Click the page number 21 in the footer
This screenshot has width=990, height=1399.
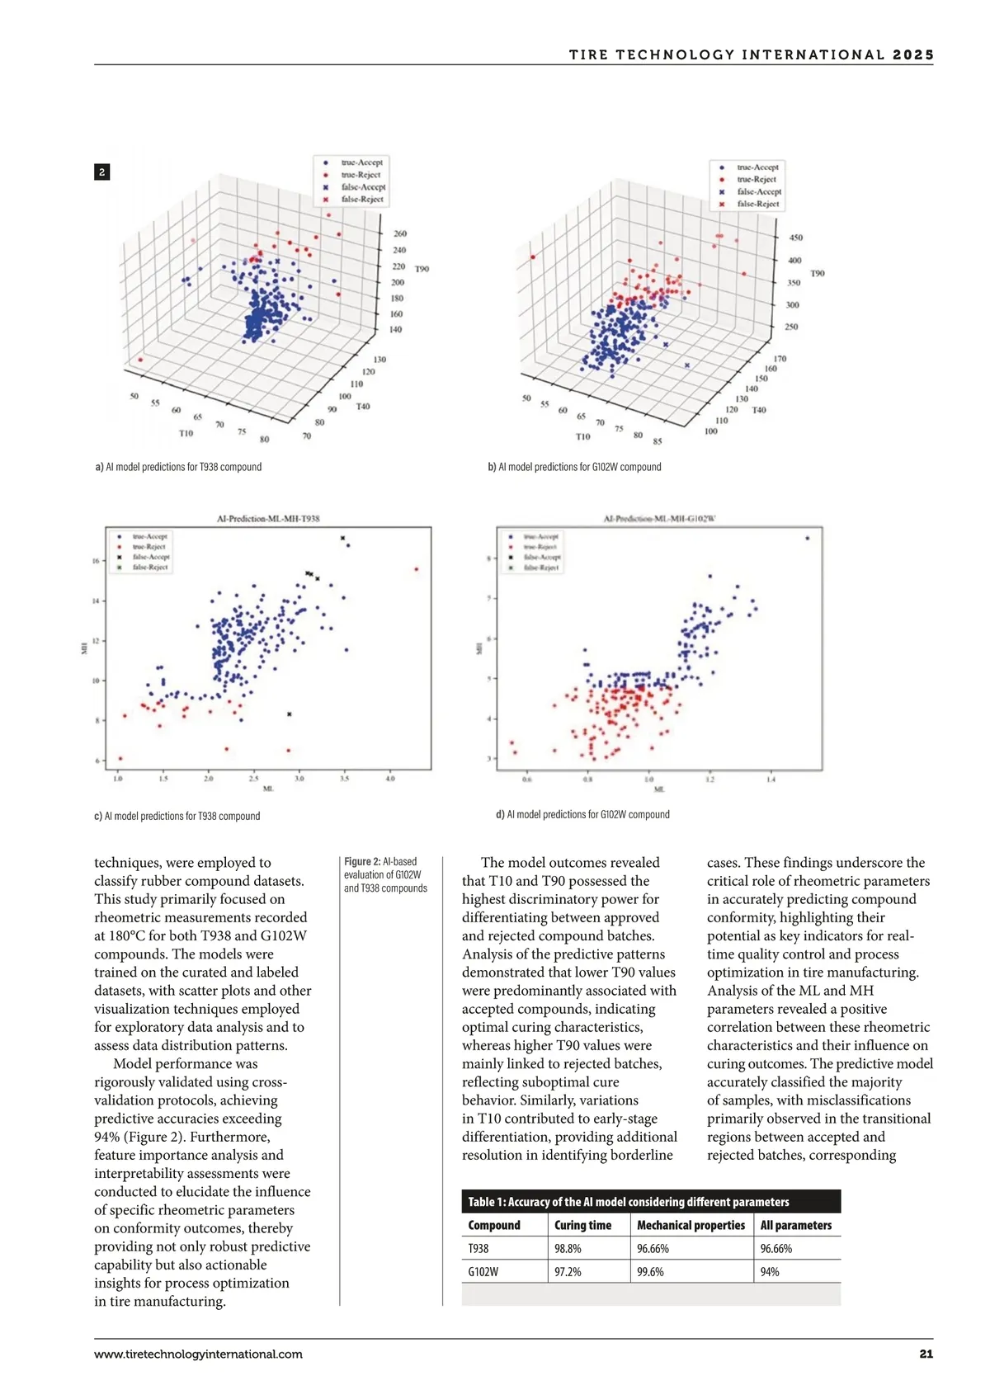tap(926, 1354)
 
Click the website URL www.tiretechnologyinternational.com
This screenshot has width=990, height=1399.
tap(198, 1354)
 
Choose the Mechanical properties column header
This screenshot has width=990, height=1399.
tap(691, 1225)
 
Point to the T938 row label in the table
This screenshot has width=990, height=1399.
tap(478, 1248)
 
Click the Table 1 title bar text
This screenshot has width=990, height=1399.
tap(629, 1202)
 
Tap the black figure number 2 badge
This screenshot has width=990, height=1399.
tap(101, 172)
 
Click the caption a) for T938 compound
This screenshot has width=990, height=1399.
tap(179, 467)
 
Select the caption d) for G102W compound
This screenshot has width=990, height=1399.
tap(582, 814)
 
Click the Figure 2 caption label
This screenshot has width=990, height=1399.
tap(362, 862)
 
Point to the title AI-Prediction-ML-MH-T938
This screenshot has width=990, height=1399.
tap(268, 519)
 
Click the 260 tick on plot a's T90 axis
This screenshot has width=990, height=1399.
tap(399, 234)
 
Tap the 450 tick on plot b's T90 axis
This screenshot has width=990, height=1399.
tap(795, 238)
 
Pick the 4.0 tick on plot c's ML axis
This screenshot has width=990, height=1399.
tap(390, 778)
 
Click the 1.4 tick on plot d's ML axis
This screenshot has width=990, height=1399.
tap(771, 779)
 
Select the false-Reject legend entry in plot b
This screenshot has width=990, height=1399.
tap(757, 204)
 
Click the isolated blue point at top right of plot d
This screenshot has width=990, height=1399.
tap(807, 538)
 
